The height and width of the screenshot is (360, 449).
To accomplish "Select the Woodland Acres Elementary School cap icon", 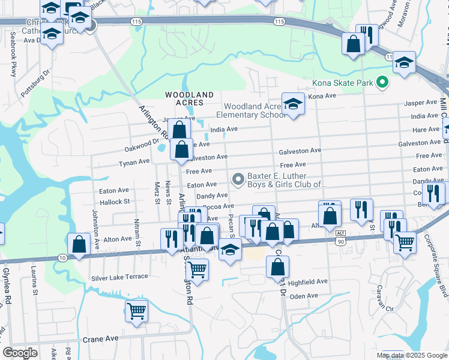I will click(292, 105).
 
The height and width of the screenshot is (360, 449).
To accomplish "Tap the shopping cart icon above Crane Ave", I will click(136, 311).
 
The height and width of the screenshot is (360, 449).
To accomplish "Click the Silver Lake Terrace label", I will click(119, 277).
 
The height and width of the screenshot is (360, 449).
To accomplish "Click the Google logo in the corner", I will click(20, 353).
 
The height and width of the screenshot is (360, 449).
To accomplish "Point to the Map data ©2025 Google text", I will click(412, 355).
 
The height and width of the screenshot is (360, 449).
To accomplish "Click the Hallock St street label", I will click(115, 202).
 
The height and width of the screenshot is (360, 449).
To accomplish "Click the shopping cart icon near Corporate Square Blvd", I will click(405, 242).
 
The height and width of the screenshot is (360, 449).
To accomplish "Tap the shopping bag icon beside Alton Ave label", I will click(79, 244).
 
